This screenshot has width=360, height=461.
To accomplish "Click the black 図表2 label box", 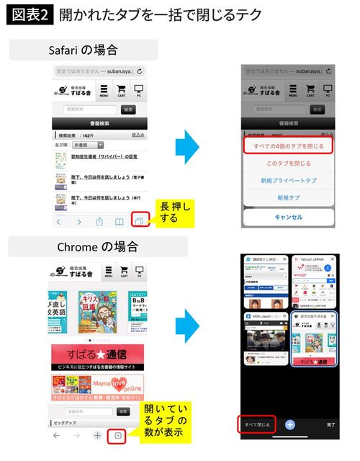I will click(30, 15).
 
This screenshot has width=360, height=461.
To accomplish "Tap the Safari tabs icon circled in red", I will click(140, 221).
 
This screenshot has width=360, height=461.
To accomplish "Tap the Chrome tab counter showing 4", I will click(118, 436).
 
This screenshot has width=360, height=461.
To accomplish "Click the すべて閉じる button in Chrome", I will click(257, 425).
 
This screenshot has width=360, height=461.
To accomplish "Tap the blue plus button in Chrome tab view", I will click(290, 425).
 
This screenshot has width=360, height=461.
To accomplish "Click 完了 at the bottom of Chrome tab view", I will click(330, 425).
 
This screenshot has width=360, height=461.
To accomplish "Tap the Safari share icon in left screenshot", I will click(100, 221).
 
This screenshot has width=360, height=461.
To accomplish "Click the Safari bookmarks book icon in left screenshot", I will click(120, 221).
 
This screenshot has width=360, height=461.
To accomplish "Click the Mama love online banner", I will click(96, 387).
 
